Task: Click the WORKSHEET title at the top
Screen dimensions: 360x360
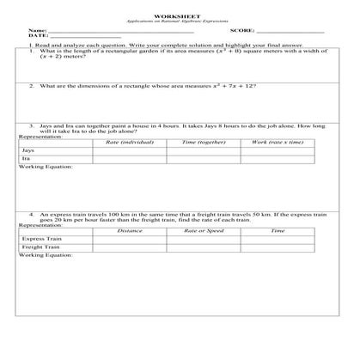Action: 180,16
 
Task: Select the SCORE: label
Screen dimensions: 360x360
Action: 243,31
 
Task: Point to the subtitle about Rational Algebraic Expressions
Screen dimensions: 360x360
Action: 180,21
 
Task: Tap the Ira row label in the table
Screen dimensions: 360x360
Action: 26,158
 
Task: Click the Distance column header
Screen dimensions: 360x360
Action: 130,230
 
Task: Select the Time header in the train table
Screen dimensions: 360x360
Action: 277,230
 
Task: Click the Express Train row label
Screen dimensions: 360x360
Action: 39,239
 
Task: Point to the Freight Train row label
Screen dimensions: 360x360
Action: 39,247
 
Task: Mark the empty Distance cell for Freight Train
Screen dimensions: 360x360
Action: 130,247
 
